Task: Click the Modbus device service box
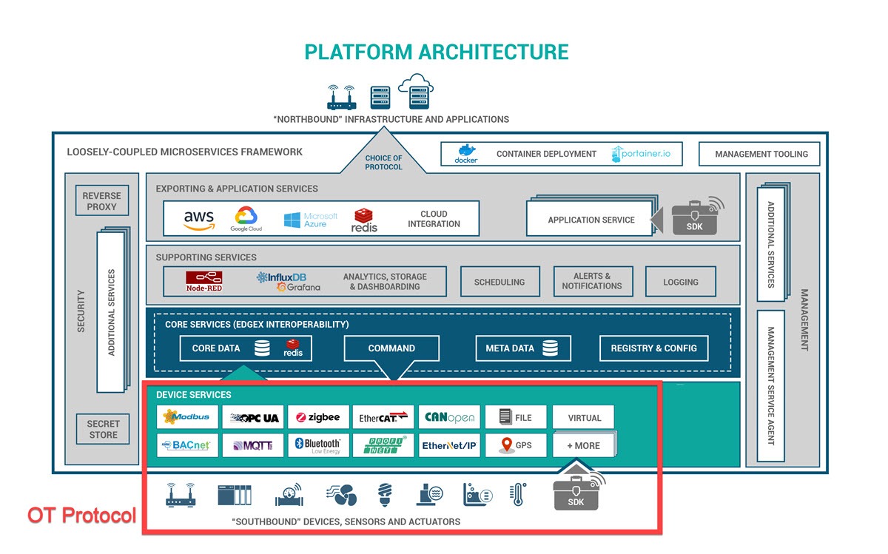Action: [x=187, y=417]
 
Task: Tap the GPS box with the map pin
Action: [x=516, y=445]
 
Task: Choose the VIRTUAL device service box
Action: [x=583, y=417]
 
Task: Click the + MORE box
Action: [x=583, y=445]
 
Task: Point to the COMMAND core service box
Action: [x=391, y=348]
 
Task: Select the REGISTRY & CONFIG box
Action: [x=653, y=348]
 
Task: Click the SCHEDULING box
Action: [x=499, y=282]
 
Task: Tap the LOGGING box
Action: [x=680, y=282]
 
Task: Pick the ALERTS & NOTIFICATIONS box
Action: [x=591, y=281]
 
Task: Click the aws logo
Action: [x=198, y=219]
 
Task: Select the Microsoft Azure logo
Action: [x=310, y=220]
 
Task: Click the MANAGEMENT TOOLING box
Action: [x=761, y=154]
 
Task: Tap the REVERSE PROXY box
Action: [x=101, y=201]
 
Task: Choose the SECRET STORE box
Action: [x=103, y=429]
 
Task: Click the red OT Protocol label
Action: [x=81, y=515]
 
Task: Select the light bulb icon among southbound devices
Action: [x=384, y=494]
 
